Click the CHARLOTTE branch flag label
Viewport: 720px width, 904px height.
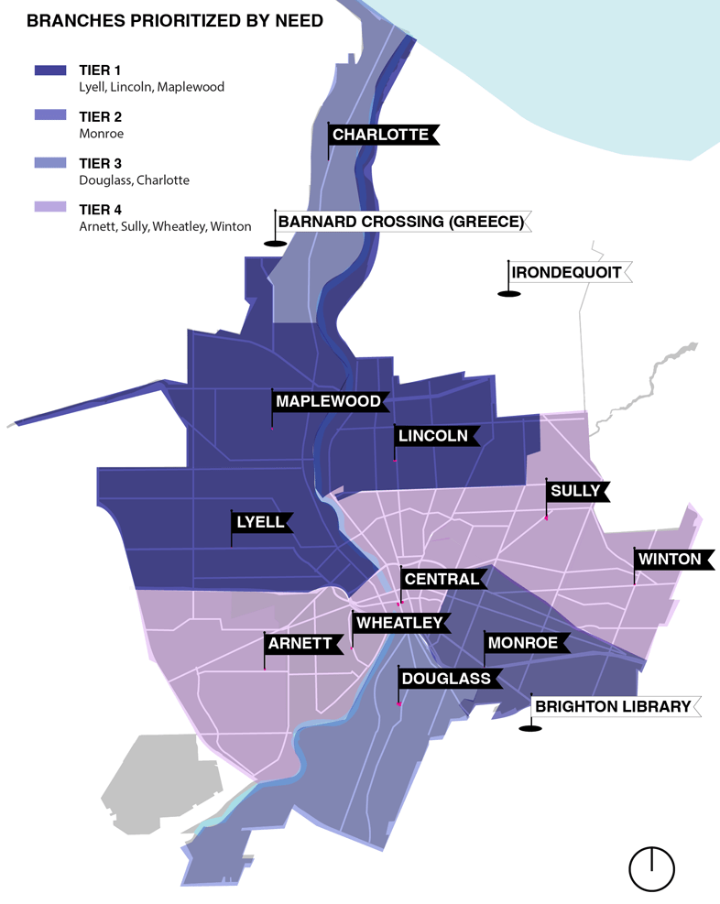(x=380, y=136)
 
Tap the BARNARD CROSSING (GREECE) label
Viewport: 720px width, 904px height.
(x=401, y=222)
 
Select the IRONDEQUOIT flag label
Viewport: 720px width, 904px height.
(x=566, y=272)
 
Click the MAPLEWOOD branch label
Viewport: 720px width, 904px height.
(x=328, y=401)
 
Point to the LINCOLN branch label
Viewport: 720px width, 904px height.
(x=433, y=437)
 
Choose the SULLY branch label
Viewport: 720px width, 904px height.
(x=574, y=491)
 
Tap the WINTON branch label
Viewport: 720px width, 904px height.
(x=670, y=559)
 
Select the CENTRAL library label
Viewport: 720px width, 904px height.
(x=441, y=579)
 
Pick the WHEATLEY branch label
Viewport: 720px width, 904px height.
(x=399, y=623)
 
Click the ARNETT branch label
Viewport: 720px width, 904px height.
(x=300, y=643)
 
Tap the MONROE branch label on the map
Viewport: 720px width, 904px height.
(x=522, y=643)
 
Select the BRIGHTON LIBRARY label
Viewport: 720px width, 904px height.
(x=613, y=706)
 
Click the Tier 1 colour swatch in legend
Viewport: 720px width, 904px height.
(x=49, y=71)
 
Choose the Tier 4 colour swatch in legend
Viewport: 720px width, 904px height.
(x=49, y=208)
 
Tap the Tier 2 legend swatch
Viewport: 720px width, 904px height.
(x=49, y=116)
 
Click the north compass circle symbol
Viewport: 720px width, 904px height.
(x=651, y=867)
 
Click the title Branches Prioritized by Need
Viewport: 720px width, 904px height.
(x=175, y=20)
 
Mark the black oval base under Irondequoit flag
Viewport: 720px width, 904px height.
(x=509, y=293)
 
